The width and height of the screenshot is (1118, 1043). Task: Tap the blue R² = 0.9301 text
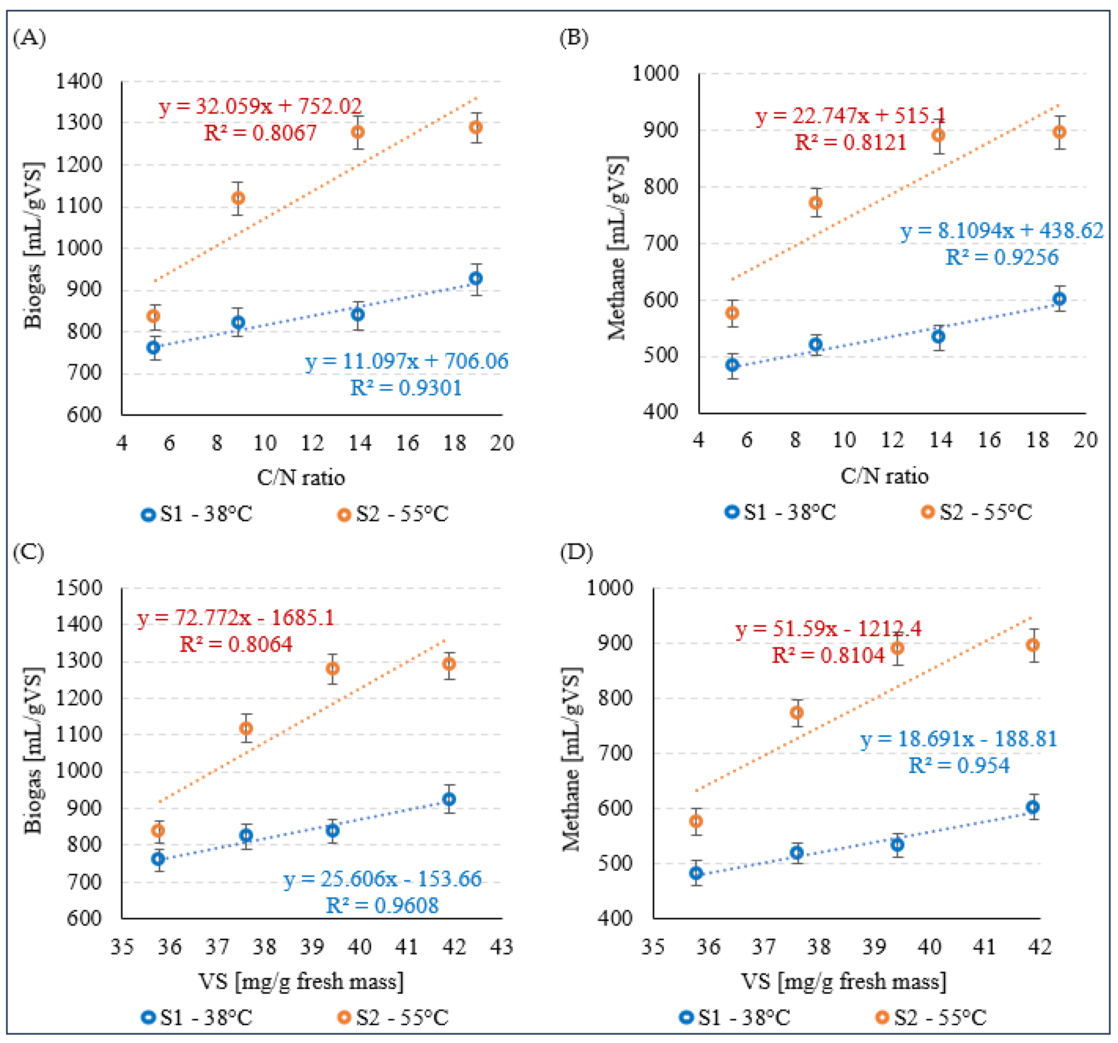click(406, 388)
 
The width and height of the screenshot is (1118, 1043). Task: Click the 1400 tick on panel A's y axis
click(79, 81)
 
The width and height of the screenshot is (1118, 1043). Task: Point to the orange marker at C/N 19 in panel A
click(476, 127)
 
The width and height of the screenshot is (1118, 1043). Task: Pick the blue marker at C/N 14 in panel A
click(358, 314)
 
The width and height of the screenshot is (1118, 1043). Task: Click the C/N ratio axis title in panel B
click(884, 476)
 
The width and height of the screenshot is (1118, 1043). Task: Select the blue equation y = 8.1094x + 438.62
click(1002, 230)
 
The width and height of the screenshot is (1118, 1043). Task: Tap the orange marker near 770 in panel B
click(815, 203)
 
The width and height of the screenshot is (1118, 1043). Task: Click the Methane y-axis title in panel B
click(617, 248)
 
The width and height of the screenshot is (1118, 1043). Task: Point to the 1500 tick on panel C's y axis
click(79, 588)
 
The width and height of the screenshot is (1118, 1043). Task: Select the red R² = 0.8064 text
click(236, 644)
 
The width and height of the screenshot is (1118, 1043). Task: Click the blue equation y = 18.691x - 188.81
click(959, 739)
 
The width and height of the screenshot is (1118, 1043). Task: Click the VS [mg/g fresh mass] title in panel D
click(844, 982)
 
